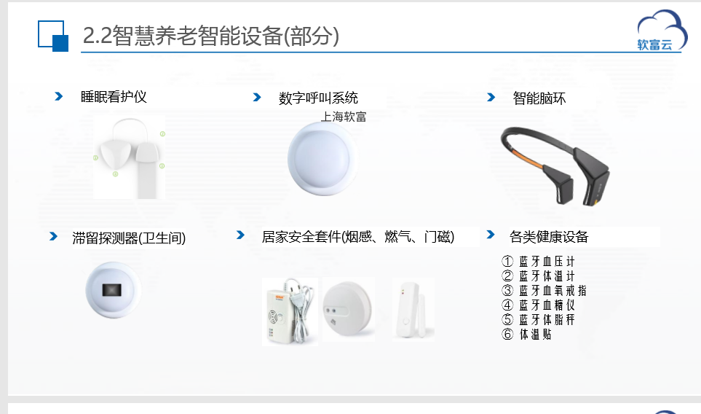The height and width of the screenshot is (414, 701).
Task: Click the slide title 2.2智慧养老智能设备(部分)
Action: pyautogui.click(x=211, y=36)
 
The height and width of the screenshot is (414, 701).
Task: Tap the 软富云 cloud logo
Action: pyautogui.click(x=662, y=31)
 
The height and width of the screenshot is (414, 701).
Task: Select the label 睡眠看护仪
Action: pyautogui.click(x=114, y=97)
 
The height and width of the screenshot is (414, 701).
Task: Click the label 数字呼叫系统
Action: pyautogui.click(x=318, y=98)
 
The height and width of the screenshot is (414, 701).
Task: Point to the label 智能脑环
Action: pyautogui.click(x=539, y=98)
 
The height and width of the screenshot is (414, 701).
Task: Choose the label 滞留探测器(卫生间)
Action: pyautogui.click(x=129, y=238)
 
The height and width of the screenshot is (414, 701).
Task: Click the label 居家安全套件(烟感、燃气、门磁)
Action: pyautogui.click(x=358, y=237)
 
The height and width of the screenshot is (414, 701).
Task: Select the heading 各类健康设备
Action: pyautogui.click(x=549, y=237)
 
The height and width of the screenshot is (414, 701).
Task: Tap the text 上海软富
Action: pyautogui.click(x=344, y=117)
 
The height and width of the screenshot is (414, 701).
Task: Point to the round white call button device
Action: pyautogui.click(x=322, y=159)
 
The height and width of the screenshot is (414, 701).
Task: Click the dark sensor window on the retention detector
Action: pyautogui.click(x=112, y=290)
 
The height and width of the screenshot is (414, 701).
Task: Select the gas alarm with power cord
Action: pyautogui.click(x=290, y=312)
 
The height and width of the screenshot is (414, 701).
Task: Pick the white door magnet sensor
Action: pyautogui.click(x=412, y=310)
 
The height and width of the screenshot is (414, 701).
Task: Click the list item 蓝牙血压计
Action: pyautogui.click(x=538, y=262)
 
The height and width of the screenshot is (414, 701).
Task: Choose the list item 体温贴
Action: pyautogui.click(x=526, y=335)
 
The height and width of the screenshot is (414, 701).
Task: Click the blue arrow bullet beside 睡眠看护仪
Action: pyautogui.click(x=58, y=96)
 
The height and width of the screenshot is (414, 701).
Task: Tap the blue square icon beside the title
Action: pyautogui.click(x=53, y=36)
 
